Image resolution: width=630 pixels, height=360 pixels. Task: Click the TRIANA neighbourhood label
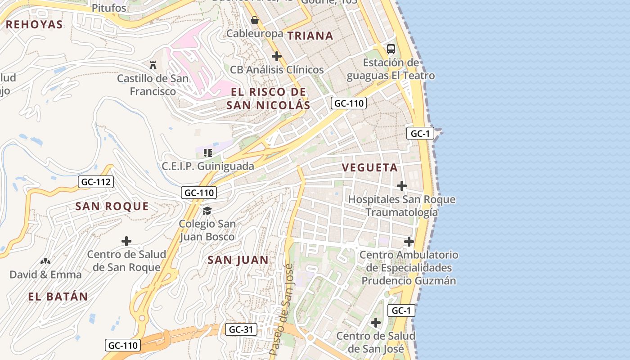pyautogui.click(x=310, y=36)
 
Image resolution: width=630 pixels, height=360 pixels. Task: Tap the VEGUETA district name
pyautogui.click(x=370, y=168)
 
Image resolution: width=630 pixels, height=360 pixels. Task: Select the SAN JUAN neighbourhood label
pyautogui.click(x=238, y=260)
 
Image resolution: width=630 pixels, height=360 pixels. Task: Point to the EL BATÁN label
pyautogui.click(x=58, y=297)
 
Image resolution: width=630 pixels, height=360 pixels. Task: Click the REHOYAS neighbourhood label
pyautogui.click(x=34, y=24)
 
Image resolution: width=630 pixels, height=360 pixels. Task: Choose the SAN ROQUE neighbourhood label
pyautogui.click(x=112, y=207)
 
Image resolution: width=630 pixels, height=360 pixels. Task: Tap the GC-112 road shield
pyautogui.click(x=96, y=182)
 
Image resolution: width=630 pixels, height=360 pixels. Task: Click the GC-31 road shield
pyautogui.click(x=241, y=329)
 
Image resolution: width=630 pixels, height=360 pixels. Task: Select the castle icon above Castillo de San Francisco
pyautogui.click(x=153, y=65)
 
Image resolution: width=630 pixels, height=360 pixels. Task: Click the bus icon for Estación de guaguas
pyautogui.click(x=391, y=49)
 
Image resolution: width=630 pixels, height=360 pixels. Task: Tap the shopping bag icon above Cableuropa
pyautogui.click(x=255, y=21)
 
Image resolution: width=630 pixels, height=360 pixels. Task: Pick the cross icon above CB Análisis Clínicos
pyautogui.click(x=277, y=57)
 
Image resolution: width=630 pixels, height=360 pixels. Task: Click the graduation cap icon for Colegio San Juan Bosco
pyautogui.click(x=207, y=211)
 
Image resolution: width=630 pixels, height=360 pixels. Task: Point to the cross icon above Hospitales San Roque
pyautogui.click(x=402, y=186)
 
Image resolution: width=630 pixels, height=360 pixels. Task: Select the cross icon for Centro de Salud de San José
pyautogui.click(x=376, y=323)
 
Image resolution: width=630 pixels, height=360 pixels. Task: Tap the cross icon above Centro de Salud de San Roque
pyautogui.click(x=126, y=241)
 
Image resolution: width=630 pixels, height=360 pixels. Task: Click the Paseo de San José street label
pyautogui.click(x=282, y=310)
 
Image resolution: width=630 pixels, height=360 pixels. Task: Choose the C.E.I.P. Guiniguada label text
pyautogui.click(x=208, y=166)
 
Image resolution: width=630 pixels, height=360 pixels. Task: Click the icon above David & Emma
pyautogui.click(x=45, y=261)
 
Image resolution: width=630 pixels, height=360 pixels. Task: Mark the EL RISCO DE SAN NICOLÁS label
pyautogui.click(x=268, y=99)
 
